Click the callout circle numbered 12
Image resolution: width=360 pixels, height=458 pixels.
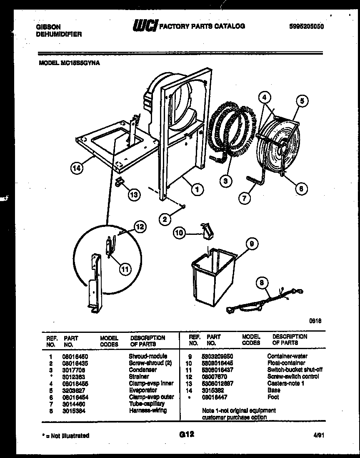[140, 227]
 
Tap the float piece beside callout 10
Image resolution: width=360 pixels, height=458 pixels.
[206, 231]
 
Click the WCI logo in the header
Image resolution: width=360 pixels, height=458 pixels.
[145, 27]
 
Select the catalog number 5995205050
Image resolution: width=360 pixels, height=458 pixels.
[306, 27]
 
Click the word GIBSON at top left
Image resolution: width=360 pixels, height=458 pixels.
[47, 27]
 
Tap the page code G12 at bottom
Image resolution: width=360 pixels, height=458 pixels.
[187, 434]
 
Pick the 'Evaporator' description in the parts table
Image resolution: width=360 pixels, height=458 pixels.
[143, 390]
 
